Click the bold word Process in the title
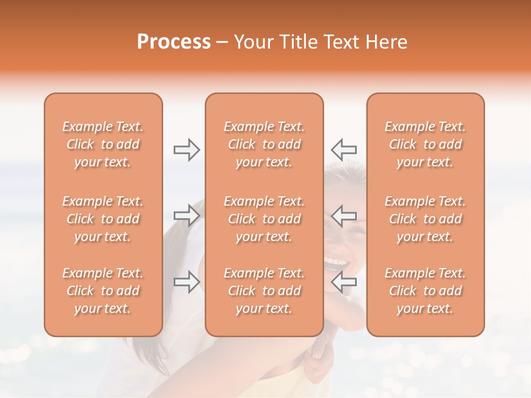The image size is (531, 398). (x=174, y=42)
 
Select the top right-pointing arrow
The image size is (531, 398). (x=186, y=150)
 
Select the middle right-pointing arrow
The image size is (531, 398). (x=186, y=216)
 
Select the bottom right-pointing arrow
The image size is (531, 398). (x=186, y=282)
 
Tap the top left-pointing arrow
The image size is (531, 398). (x=343, y=150)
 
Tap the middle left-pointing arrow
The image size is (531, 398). (x=343, y=216)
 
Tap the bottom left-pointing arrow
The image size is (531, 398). (x=343, y=282)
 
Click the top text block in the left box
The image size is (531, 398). (x=103, y=144)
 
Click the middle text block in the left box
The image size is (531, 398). (x=103, y=219)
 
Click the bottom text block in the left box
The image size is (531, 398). (x=103, y=291)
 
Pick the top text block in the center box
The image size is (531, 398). (x=264, y=144)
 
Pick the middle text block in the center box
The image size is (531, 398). (x=264, y=219)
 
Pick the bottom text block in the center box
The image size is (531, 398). (x=264, y=291)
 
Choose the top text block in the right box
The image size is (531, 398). (x=425, y=144)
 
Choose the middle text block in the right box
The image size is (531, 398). (x=425, y=219)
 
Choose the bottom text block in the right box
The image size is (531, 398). (x=425, y=291)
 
